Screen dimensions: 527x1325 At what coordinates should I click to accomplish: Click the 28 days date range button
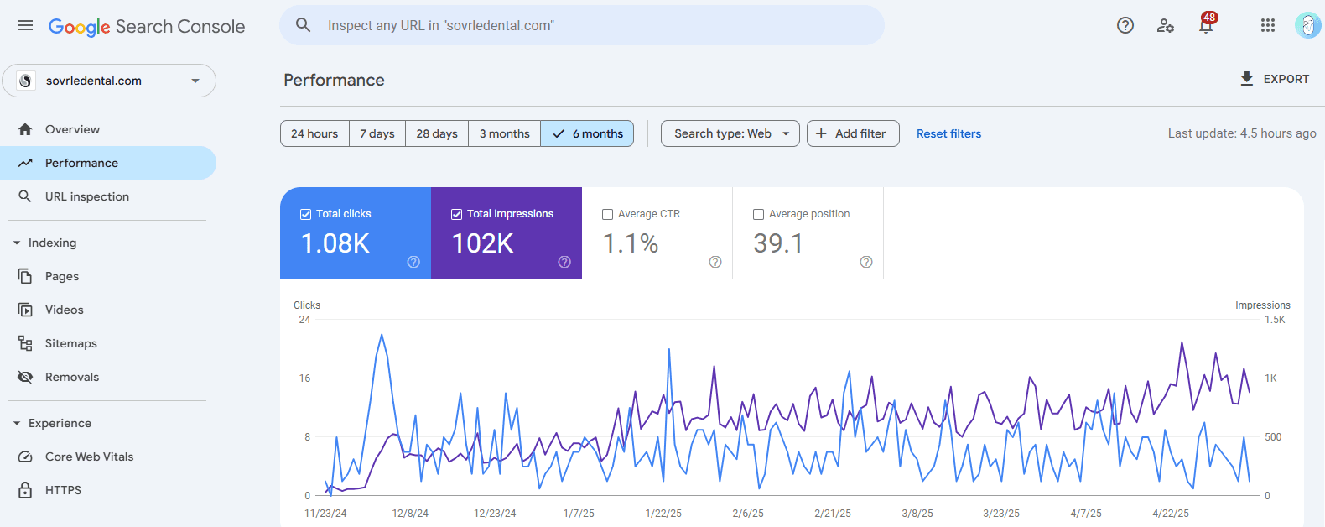click(437, 133)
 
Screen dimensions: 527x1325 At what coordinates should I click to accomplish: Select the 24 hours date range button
click(314, 133)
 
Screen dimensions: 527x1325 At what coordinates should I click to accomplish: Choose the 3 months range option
click(504, 133)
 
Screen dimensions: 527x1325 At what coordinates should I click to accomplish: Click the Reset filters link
click(948, 133)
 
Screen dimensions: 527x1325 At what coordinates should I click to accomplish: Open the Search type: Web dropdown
click(730, 133)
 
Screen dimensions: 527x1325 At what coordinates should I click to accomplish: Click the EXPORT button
click(1275, 79)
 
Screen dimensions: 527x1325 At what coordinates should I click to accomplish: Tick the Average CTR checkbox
click(608, 214)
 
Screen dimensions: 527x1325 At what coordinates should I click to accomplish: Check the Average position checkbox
click(759, 214)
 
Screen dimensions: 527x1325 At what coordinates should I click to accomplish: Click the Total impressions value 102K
click(483, 243)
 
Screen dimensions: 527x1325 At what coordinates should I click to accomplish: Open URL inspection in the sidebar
click(87, 196)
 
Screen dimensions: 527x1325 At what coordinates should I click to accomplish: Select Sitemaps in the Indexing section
click(71, 343)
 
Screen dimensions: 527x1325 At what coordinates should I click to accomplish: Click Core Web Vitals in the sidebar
click(89, 457)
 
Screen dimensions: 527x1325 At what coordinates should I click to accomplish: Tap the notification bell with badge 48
click(1206, 26)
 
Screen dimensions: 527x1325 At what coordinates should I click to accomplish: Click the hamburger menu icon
click(25, 26)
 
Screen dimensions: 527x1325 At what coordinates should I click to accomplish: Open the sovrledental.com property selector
click(109, 81)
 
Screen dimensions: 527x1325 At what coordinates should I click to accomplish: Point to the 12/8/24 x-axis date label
click(410, 513)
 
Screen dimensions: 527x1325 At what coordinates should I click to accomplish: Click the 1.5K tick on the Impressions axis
click(1275, 320)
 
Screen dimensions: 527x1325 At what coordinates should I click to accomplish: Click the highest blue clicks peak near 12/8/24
click(382, 336)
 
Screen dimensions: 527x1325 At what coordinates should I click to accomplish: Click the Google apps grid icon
click(1268, 26)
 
